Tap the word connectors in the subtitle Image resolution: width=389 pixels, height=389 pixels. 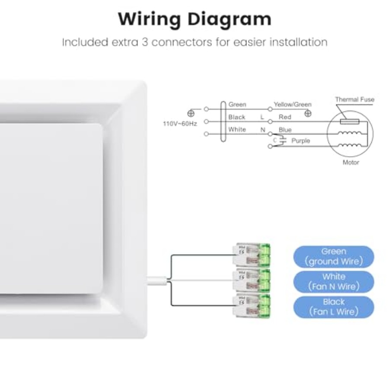click(x=182, y=42)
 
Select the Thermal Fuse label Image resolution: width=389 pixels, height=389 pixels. click(x=355, y=99)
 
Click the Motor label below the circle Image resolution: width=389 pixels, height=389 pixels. click(x=351, y=163)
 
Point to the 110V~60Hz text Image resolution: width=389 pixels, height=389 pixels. click(x=180, y=124)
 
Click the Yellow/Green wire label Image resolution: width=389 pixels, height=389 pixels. click(x=293, y=105)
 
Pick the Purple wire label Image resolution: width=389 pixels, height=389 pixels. click(x=301, y=140)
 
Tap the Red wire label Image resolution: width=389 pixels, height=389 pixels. click(x=285, y=117)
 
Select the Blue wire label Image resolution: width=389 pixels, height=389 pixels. click(x=285, y=130)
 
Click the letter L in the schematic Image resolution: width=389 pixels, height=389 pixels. click(x=262, y=117)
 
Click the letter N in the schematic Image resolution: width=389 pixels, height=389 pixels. click(x=263, y=130)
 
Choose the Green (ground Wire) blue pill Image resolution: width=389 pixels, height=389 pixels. click(x=334, y=256)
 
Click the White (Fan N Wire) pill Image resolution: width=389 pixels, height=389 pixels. click(x=334, y=282)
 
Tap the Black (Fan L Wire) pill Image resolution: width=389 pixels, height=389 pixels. click(x=334, y=307)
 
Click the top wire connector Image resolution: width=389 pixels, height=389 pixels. click(x=251, y=255)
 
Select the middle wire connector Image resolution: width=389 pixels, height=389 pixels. click(x=251, y=280)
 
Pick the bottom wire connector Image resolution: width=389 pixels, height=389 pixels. click(x=251, y=306)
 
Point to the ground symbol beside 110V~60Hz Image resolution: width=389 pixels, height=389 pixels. click(x=191, y=114)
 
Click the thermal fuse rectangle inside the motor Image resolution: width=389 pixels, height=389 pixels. click(x=350, y=121)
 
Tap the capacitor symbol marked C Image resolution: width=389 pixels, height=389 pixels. click(x=283, y=140)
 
